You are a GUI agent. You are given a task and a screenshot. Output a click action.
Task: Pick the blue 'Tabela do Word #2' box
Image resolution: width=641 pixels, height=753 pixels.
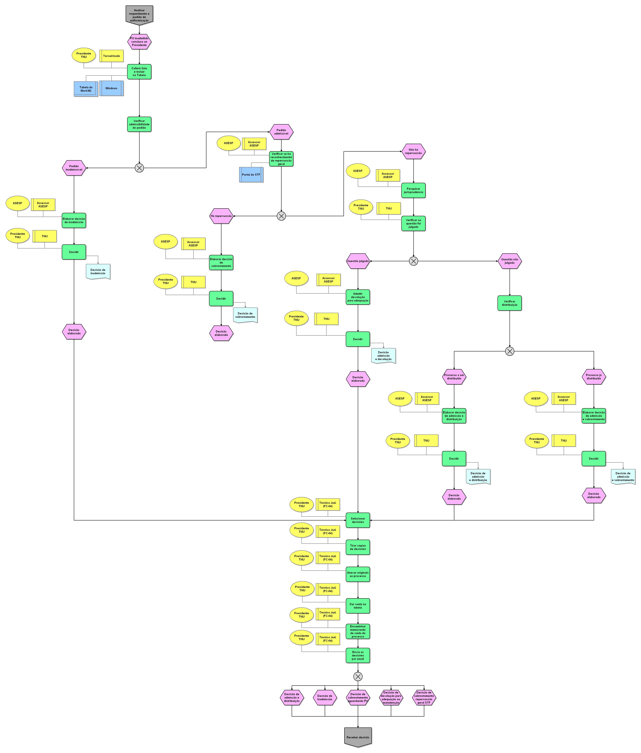(x=86, y=89)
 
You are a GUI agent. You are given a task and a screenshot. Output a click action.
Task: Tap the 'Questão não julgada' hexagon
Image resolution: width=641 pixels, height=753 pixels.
(x=510, y=261)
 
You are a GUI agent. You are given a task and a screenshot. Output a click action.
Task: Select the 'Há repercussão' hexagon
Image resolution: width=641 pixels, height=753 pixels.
(x=221, y=216)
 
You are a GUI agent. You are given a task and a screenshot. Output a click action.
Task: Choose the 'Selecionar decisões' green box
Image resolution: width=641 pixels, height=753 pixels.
(x=358, y=520)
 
